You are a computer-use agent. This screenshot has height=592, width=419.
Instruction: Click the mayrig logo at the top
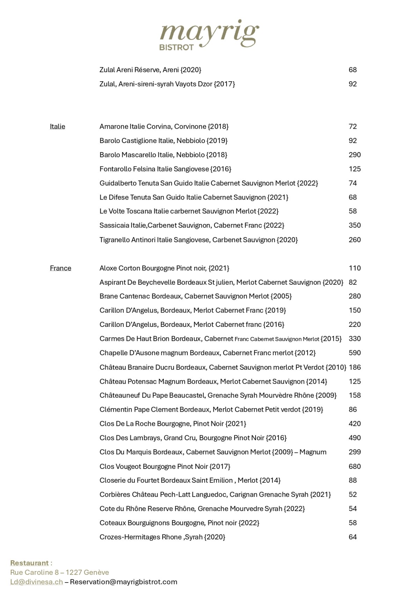[209, 33]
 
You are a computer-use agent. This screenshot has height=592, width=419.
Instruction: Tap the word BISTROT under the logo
[176, 47]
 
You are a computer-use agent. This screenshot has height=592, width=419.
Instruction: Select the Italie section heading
[57, 126]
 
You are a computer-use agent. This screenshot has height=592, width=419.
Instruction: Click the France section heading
[60, 268]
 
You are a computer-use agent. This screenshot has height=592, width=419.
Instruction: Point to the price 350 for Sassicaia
[354, 225]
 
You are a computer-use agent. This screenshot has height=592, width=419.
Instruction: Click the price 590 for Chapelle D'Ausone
[354, 353]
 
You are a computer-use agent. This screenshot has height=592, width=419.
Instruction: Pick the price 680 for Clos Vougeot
[354, 466]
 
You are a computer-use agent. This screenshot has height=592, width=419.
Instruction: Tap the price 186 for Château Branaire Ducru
[354, 367]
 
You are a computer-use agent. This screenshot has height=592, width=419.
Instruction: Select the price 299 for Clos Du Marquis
[354, 452]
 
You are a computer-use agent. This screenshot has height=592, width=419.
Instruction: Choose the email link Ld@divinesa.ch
[36, 582]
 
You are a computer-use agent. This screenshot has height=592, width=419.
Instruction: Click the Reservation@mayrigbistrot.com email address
[124, 582]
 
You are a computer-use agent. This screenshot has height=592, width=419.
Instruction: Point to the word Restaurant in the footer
[29, 563]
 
